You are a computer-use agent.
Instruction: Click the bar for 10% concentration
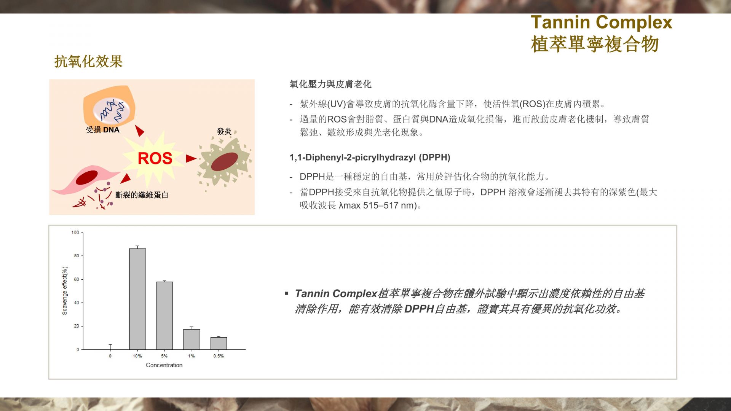pos(137,299)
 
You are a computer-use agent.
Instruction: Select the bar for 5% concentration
pos(164,315)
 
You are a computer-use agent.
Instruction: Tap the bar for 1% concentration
pos(192,339)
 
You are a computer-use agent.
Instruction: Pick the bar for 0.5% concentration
pos(219,343)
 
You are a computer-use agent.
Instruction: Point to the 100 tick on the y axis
pos(75,233)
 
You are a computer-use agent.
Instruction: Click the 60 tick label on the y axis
pos(77,279)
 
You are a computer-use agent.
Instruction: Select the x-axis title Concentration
pos(164,365)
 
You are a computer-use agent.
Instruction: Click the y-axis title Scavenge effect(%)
pos(65,291)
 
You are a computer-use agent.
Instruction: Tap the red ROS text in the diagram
pos(155,158)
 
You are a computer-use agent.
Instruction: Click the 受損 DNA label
pos(102,130)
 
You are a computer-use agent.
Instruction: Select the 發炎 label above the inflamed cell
pos(224,131)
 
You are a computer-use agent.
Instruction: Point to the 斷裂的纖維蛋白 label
pos(142,195)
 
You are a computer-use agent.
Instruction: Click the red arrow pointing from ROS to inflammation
pos(191,158)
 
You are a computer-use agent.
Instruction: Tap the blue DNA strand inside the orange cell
pos(112,110)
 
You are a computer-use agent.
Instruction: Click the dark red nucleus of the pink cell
pos(87,178)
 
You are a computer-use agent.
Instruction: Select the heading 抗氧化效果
pos(88,61)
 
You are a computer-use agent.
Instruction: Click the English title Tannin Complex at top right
pos(602,22)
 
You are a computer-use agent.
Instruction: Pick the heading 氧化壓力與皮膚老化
pos(330,84)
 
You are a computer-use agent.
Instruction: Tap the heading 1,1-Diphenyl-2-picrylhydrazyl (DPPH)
pos(370,157)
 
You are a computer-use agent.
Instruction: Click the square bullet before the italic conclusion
pos(287,293)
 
